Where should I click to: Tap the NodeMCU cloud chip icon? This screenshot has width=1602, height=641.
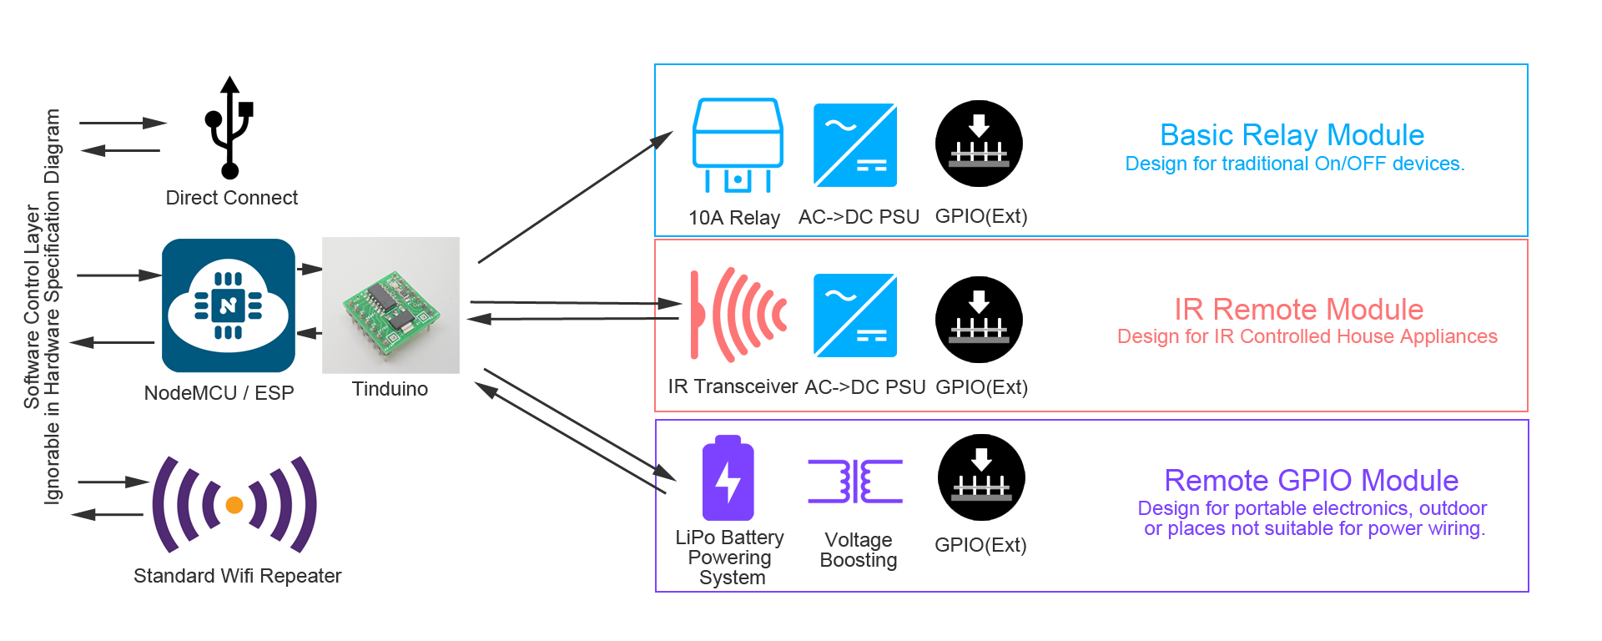tap(228, 305)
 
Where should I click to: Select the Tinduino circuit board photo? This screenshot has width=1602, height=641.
tap(390, 305)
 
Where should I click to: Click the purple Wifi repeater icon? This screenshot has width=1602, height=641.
tap(234, 504)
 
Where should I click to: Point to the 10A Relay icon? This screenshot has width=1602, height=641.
tap(738, 145)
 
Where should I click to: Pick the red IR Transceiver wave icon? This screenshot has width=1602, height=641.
tap(738, 315)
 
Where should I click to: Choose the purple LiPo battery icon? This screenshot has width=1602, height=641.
tap(728, 478)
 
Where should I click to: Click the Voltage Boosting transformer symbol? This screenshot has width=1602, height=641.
tap(855, 481)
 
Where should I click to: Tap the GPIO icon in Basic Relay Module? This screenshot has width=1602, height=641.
tap(979, 144)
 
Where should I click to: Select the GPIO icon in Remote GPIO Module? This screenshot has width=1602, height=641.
tap(981, 477)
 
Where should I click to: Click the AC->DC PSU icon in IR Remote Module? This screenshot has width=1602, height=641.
tap(855, 315)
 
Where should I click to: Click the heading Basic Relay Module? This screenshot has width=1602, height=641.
tap(1292, 135)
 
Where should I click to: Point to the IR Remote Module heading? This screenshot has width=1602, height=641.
tap(1298, 310)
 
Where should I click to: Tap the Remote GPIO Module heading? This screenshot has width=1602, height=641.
tap(1311, 481)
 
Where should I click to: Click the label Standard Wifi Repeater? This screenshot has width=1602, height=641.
tap(237, 576)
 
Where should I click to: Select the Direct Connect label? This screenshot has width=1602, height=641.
tap(231, 198)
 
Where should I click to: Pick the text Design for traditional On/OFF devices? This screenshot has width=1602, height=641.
tap(1294, 164)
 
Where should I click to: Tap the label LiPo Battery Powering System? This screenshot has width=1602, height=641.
tap(730, 558)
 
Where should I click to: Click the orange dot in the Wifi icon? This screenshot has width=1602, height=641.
tap(234, 505)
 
